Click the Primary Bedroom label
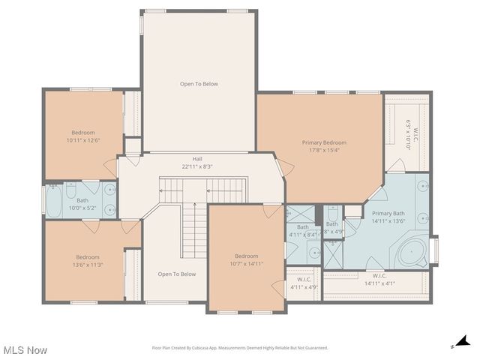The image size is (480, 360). [324, 142]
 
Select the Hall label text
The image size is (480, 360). [197, 158]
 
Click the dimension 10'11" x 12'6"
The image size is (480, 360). [83, 140]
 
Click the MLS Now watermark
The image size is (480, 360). [25, 350]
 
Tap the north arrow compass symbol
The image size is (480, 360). [463, 342]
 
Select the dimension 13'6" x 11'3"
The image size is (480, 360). [88, 264]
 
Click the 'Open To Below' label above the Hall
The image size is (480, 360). [199, 84]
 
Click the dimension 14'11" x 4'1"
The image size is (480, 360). [379, 283]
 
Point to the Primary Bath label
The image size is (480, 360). [388, 214]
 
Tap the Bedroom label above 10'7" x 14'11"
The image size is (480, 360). [246, 256]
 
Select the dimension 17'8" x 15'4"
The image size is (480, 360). [324, 150]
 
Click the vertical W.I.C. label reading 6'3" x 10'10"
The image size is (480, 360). [408, 135]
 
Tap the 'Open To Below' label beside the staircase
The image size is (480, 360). [177, 274]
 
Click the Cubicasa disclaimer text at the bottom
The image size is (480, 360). [240, 348]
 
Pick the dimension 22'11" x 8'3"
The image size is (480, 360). [197, 166]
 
